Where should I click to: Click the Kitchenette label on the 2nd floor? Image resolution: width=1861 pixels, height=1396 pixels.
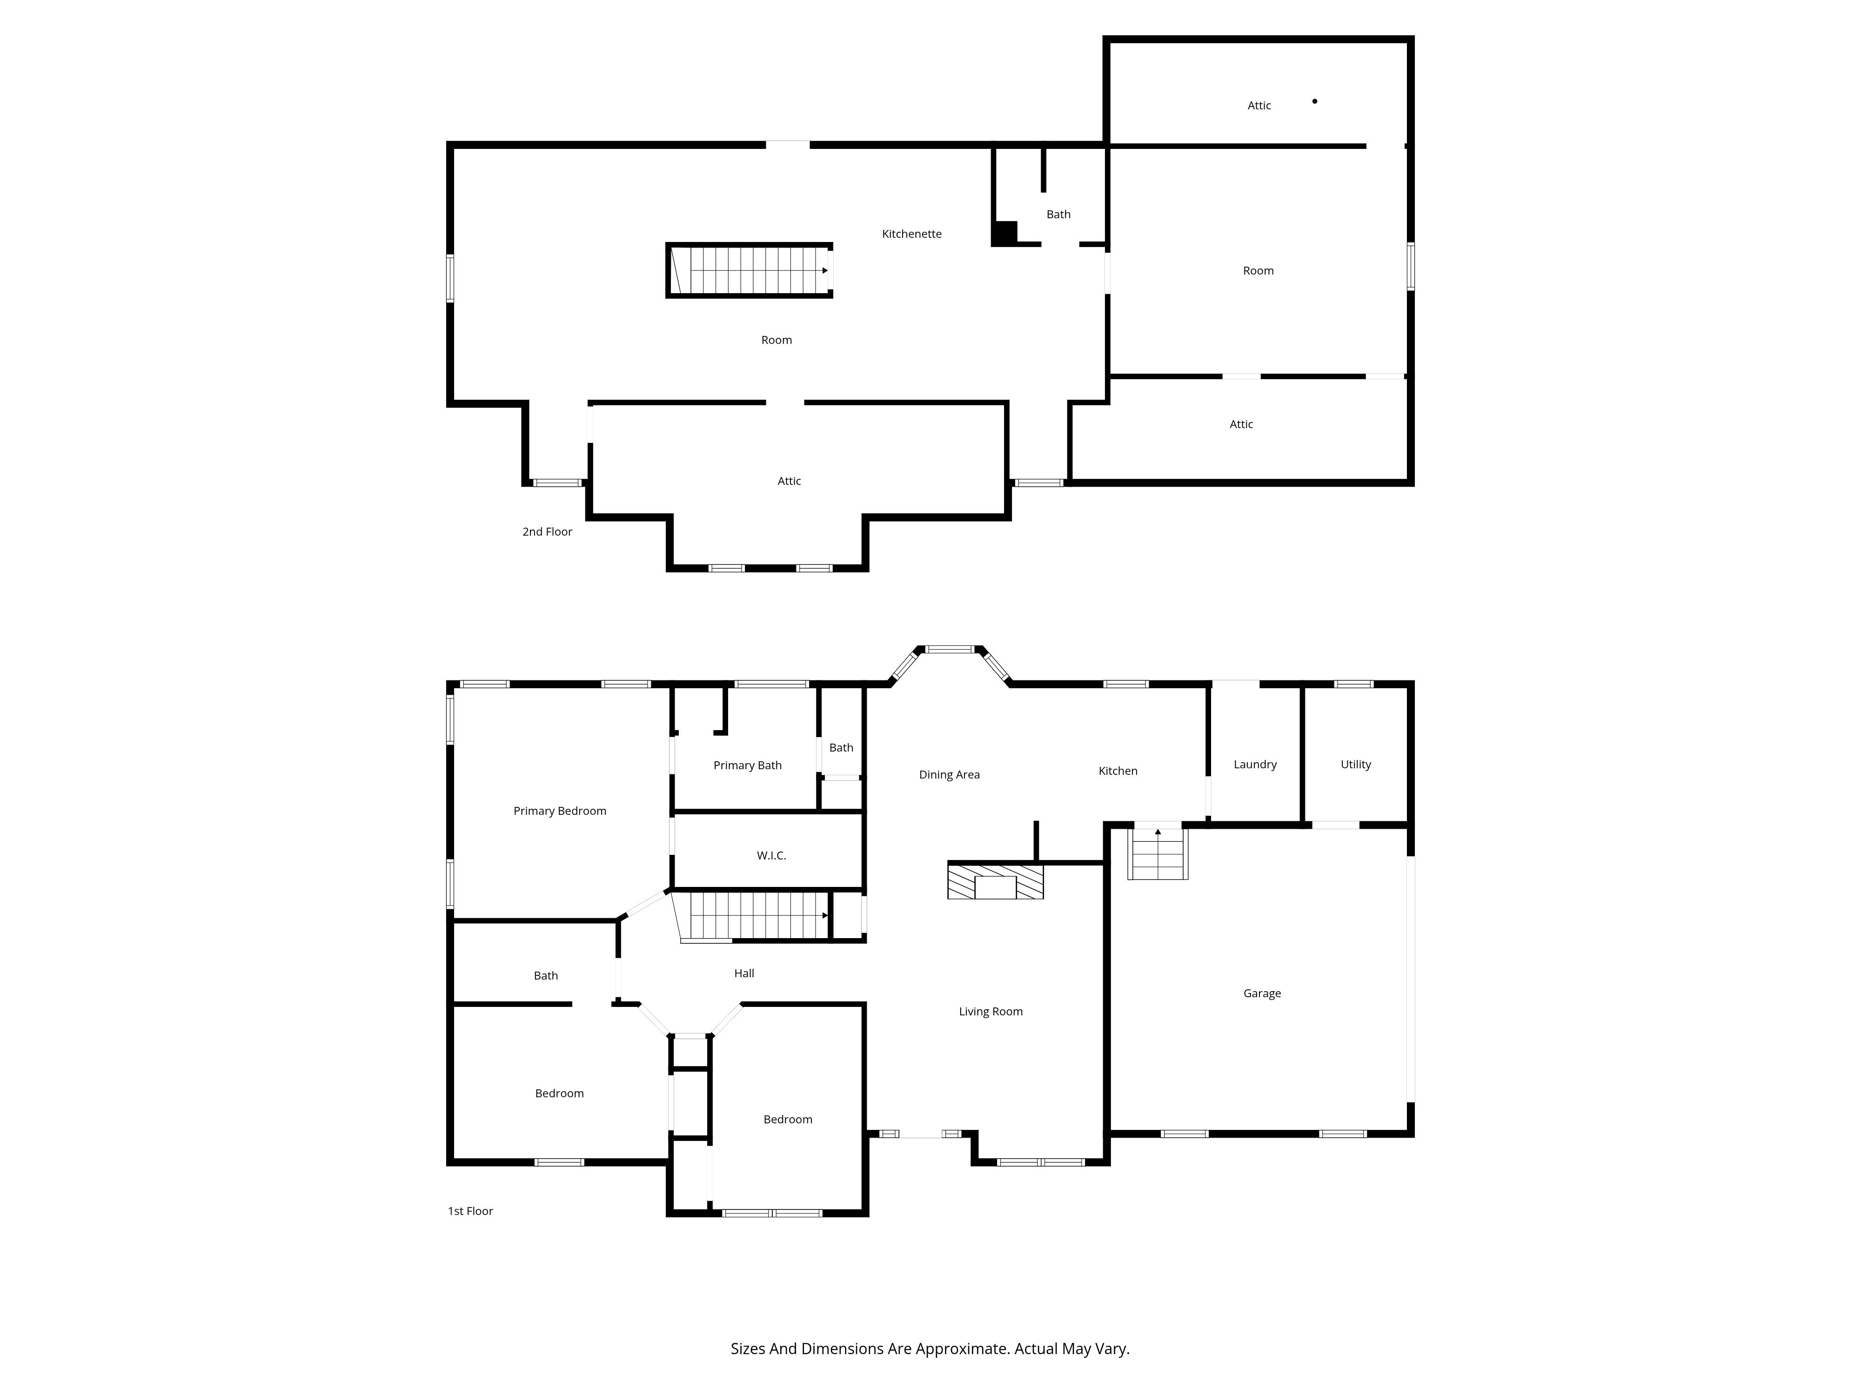(x=911, y=234)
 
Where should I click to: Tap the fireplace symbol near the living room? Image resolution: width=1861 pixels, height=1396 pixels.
(x=995, y=881)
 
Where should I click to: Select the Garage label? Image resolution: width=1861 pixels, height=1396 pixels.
(x=1262, y=994)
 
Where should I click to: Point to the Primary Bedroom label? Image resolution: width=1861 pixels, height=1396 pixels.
(x=560, y=811)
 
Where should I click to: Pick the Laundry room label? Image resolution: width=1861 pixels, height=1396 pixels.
(x=1254, y=765)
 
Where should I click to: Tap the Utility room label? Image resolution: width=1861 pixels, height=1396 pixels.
(x=1355, y=765)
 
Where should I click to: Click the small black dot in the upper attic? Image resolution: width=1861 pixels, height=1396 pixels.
(x=1314, y=101)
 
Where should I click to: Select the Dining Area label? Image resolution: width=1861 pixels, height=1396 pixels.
(x=949, y=775)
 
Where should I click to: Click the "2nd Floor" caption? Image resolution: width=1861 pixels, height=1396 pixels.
(x=547, y=532)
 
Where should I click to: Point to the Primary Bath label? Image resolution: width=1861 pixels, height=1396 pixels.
(x=747, y=766)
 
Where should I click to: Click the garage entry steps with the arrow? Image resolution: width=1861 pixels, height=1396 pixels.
(x=1158, y=852)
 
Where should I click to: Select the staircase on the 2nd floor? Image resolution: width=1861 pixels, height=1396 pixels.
(x=749, y=270)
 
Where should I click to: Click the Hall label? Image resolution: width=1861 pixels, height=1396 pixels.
(x=744, y=973)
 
